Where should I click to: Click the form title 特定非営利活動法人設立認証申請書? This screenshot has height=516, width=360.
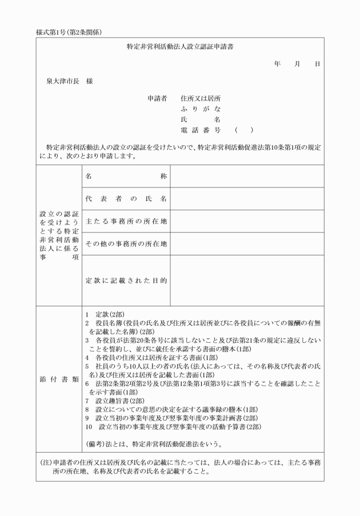point(180,46)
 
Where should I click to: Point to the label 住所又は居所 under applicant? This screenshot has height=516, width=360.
point(200,98)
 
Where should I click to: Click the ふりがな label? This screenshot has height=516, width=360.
point(200,109)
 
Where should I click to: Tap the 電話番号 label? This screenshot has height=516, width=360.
point(200,130)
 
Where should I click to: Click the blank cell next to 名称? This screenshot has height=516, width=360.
point(247,177)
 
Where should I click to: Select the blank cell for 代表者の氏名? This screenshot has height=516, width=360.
point(247,199)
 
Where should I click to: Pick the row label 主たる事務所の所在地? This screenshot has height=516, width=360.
point(126,221)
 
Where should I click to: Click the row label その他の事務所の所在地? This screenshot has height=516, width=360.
point(126,244)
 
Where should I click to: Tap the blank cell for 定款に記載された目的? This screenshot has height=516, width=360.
point(247,281)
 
